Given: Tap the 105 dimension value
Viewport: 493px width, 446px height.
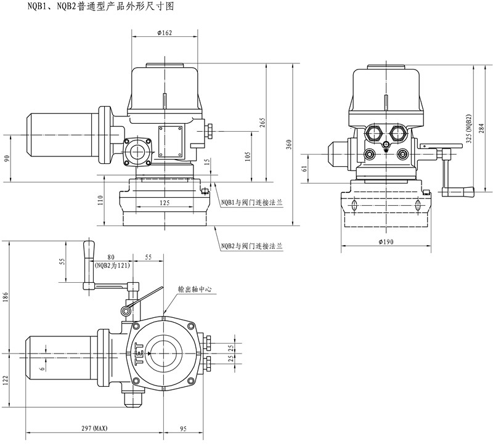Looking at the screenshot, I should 247,156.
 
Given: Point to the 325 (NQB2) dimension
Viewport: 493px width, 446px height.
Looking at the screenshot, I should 468,130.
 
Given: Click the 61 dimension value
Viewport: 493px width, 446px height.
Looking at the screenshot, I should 305,168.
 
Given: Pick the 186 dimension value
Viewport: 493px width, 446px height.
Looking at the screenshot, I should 6,297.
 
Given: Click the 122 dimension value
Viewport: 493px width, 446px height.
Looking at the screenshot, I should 6,381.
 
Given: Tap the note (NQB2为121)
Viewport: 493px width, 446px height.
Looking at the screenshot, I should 111,266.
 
